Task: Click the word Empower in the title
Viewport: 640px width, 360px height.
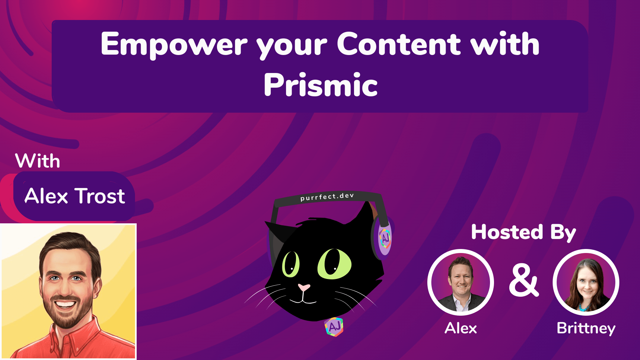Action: coord(174,44)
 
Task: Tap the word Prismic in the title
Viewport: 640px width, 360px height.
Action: coord(320,85)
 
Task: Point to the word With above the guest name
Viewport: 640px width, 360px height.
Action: coord(38,161)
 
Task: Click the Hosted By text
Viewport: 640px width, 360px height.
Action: coord(523,232)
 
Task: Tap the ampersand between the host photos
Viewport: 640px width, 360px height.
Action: coord(523,281)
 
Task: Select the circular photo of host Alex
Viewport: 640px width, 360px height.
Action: coord(461,282)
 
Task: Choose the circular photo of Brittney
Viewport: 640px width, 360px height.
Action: coord(586,282)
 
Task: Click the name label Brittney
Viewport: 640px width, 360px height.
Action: coord(586,328)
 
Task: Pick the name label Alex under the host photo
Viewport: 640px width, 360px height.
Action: coord(461,328)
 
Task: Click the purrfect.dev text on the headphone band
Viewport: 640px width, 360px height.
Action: coord(327,197)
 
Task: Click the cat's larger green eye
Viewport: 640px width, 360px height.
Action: coord(334,264)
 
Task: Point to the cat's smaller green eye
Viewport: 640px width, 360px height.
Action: coord(291,264)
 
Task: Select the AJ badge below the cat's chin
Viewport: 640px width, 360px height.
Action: coord(334,327)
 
